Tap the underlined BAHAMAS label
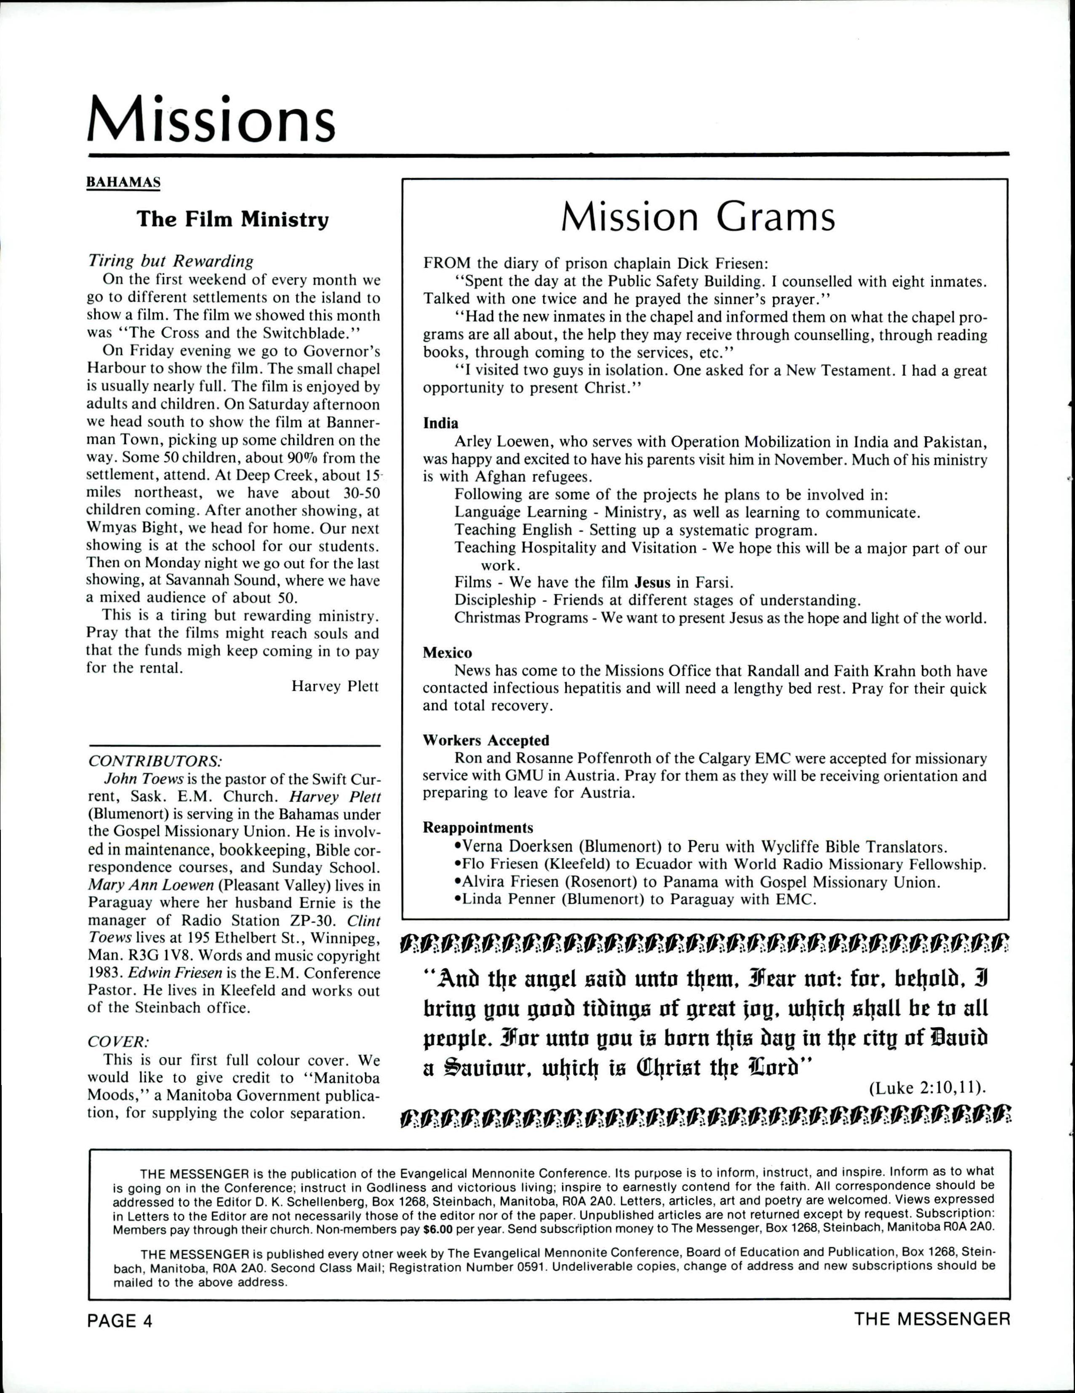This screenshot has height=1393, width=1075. pyautogui.click(x=123, y=182)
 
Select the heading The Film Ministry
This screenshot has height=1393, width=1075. pyautogui.click(x=233, y=219)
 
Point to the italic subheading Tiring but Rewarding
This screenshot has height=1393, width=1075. pyautogui.click(x=170, y=262)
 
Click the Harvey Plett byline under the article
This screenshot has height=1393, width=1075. pyautogui.click(x=335, y=686)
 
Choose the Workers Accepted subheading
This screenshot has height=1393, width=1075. pyautogui.click(x=486, y=741)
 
